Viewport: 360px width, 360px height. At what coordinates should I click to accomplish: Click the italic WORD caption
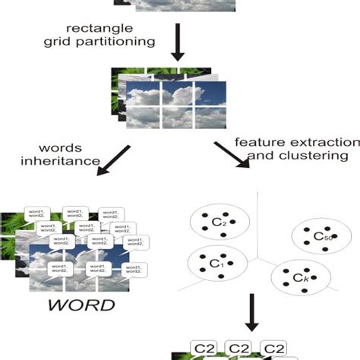[81, 307]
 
